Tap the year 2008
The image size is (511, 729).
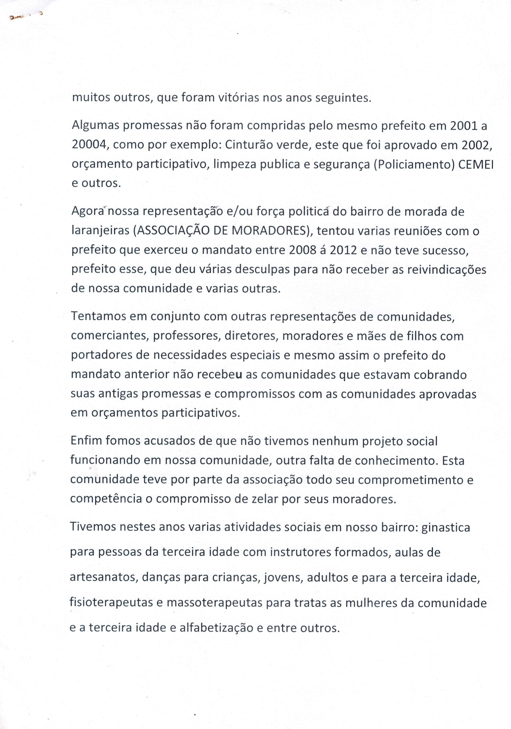(303, 250)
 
